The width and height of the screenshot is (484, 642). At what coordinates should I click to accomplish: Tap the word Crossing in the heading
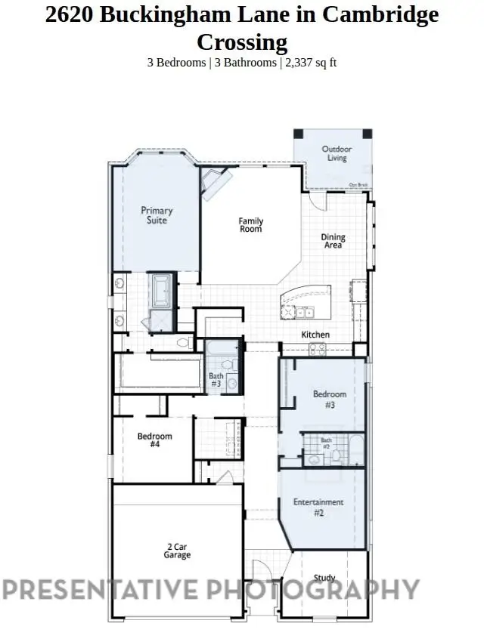[241, 42]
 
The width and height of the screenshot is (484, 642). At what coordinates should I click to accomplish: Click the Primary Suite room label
[157, 215]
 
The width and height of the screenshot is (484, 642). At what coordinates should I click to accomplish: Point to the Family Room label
[250, 224]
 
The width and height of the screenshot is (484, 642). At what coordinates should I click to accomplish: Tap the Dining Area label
[333, 241]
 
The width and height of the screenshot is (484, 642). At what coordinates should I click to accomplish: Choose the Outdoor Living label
[337, 153]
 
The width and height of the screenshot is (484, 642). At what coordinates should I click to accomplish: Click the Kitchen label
[315, 335]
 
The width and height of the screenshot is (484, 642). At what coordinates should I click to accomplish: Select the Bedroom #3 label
[330, 400]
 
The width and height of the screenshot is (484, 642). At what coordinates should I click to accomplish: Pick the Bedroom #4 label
[154, 440]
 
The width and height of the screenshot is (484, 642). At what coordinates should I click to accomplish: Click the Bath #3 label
[216, 380]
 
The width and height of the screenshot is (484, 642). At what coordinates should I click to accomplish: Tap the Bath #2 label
[326, 443]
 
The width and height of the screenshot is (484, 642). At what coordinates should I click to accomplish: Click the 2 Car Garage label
[177, 551]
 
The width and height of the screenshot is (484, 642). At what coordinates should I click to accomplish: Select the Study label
[324, 578]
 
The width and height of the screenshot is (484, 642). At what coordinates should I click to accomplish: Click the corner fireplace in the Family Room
[215, 182]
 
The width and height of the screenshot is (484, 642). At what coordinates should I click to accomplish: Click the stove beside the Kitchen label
[317, 350]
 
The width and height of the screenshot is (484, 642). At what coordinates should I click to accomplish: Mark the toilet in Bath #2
[314, 459]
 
